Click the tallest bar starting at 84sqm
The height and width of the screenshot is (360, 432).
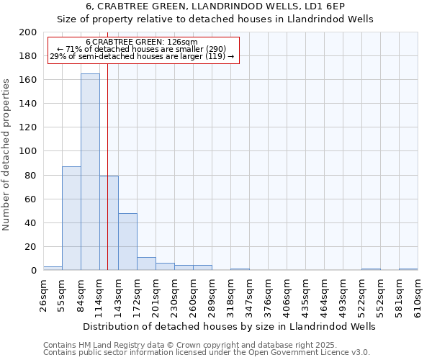click(x=90, y=172)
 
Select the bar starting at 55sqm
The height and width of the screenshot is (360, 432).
click(x=71, y=218)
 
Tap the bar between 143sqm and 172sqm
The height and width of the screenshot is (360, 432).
click(x=127, y=242)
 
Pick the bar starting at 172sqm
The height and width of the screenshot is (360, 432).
click(x=146, y=264)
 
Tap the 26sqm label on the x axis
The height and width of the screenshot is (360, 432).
click(x=43, y=296)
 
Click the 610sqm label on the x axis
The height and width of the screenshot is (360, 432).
click(x=418, y=296)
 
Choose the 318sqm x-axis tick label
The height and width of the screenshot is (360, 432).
click(x=230, y=296)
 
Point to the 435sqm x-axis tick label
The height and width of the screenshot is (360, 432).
click(x=305, y=296)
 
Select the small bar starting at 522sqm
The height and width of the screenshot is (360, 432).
click(x=371, y=269)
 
